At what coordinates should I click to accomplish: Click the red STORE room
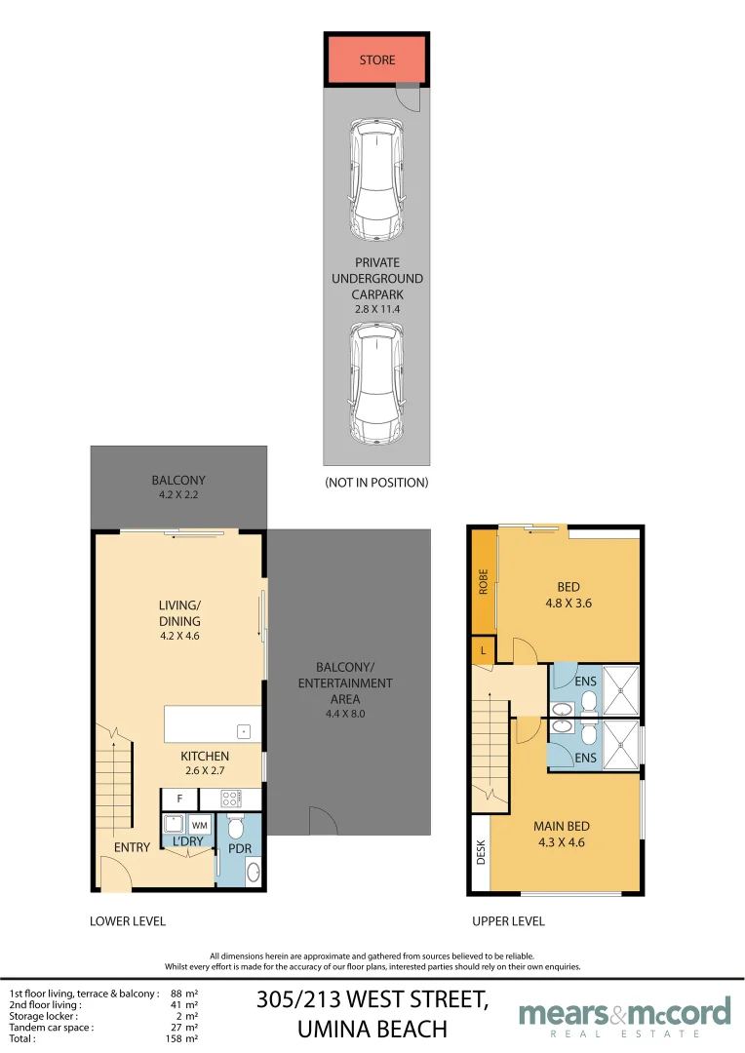click(376, 59)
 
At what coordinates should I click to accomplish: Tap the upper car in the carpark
click(376, 179)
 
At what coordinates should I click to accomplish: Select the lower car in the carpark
click(376, 383)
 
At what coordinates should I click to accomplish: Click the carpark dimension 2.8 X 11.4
click(376, 309)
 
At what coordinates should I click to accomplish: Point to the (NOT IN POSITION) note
click(376, 483)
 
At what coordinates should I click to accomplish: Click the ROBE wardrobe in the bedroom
click(483, 581)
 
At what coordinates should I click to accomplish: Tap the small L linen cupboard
click(483, 650)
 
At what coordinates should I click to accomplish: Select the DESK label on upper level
click(481, 852)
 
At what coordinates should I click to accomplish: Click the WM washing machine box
click(200, 825)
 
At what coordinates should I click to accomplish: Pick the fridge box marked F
click(180, 799)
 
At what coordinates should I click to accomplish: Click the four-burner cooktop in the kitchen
click(230, 799)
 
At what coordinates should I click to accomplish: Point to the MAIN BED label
click(562, 826)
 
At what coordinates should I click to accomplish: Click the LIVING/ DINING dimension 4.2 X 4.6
click(179, 636)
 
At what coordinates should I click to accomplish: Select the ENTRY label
click(132, 847)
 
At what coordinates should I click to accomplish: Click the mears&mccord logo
click(625, 1017)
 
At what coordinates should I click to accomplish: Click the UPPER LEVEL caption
click(509, 921)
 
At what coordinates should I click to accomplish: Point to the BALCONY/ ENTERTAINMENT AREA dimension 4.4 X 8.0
click(345, 714)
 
